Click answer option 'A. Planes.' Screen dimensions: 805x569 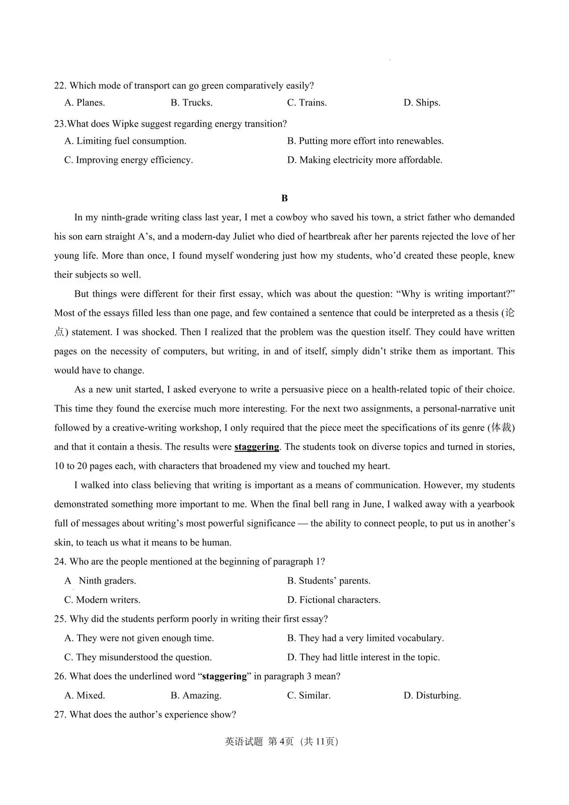(84, 103)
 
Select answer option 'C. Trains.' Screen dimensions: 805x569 (307, 103)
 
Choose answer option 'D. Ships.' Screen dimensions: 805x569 (422, 103)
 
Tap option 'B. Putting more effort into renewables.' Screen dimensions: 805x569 (365, 141)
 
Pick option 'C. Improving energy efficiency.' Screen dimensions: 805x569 (128, 160)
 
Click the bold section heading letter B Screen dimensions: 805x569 (284, 198)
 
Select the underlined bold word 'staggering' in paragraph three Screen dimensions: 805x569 (256, 447)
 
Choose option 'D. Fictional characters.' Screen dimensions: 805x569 (333, 600)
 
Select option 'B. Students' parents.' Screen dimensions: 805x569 (329, 581)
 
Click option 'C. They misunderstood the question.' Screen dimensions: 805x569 (138, 657)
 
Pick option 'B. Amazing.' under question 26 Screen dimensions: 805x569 (196, 696)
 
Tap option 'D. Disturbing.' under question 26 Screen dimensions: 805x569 (432, 696)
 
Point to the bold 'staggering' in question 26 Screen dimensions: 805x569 (224, 676)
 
